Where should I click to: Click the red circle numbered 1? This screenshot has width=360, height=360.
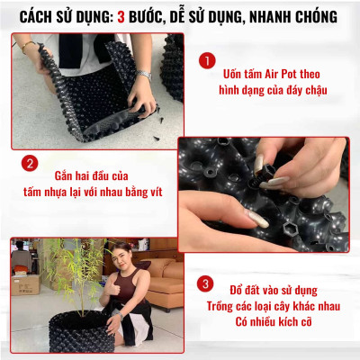(x=206, y=60)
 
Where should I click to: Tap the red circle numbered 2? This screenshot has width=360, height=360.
(x=30, y=164)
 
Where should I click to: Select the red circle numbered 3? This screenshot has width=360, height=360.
(x=206, y=283)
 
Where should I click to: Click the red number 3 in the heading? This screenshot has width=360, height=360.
(x=122, y=16)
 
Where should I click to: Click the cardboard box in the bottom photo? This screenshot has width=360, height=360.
(x=25, y=285)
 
